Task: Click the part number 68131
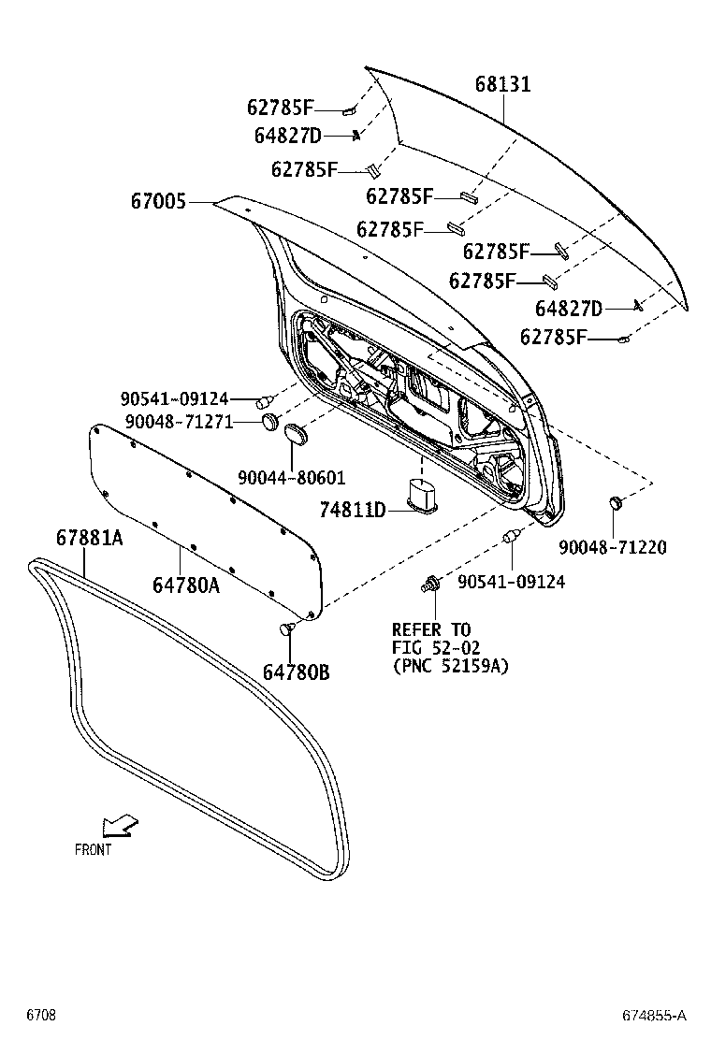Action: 502,84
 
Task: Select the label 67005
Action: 161,201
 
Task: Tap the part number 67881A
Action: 89,538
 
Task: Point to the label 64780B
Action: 296,672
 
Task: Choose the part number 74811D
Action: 352,509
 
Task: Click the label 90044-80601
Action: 291,478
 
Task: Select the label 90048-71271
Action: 174,422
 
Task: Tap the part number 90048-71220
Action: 613,547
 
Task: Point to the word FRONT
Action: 93,850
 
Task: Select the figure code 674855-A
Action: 655,1016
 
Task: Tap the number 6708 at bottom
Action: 40,1016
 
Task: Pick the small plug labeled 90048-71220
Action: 617,504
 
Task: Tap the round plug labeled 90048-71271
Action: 269,421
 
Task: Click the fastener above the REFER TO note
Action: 431,585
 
